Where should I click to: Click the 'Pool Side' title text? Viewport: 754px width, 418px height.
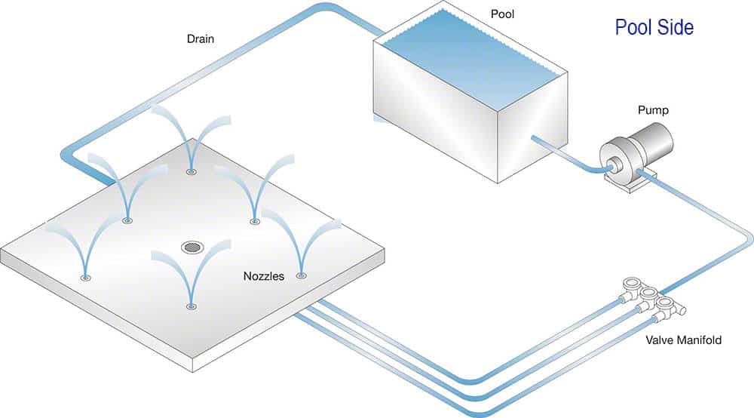654,29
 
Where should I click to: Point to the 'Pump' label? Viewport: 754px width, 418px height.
652,110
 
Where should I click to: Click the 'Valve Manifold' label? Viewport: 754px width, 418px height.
683,340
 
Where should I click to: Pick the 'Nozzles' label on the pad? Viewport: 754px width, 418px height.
263,276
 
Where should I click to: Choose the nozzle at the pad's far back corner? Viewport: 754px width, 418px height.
191,171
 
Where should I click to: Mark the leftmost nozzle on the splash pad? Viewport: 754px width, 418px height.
86,278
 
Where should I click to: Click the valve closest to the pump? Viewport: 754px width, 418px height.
630,286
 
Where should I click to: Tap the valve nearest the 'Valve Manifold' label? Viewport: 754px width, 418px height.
667,306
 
